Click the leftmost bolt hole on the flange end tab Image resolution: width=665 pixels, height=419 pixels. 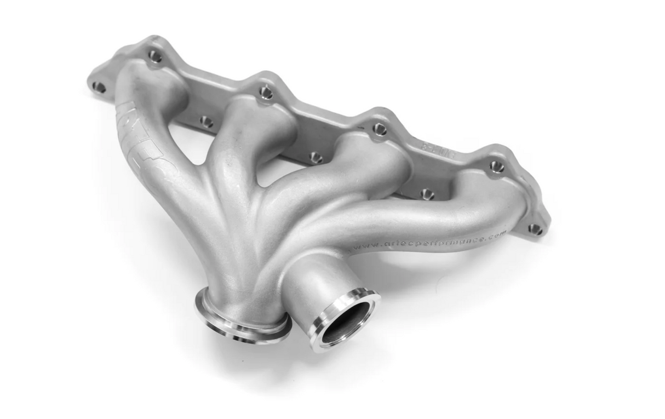pos(99,87)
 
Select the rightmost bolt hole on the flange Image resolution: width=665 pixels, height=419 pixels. pos(535,229)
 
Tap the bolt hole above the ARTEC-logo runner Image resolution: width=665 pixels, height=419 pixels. pos(155,55)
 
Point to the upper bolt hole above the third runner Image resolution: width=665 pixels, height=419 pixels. pos(379,129)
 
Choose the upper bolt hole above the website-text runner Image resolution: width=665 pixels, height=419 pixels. pos(496,166)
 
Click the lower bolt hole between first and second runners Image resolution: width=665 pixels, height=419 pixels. pos(206,121)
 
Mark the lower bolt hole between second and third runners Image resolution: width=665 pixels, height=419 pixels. pos(316,158)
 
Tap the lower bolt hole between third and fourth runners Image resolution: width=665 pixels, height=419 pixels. pos(426,194)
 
